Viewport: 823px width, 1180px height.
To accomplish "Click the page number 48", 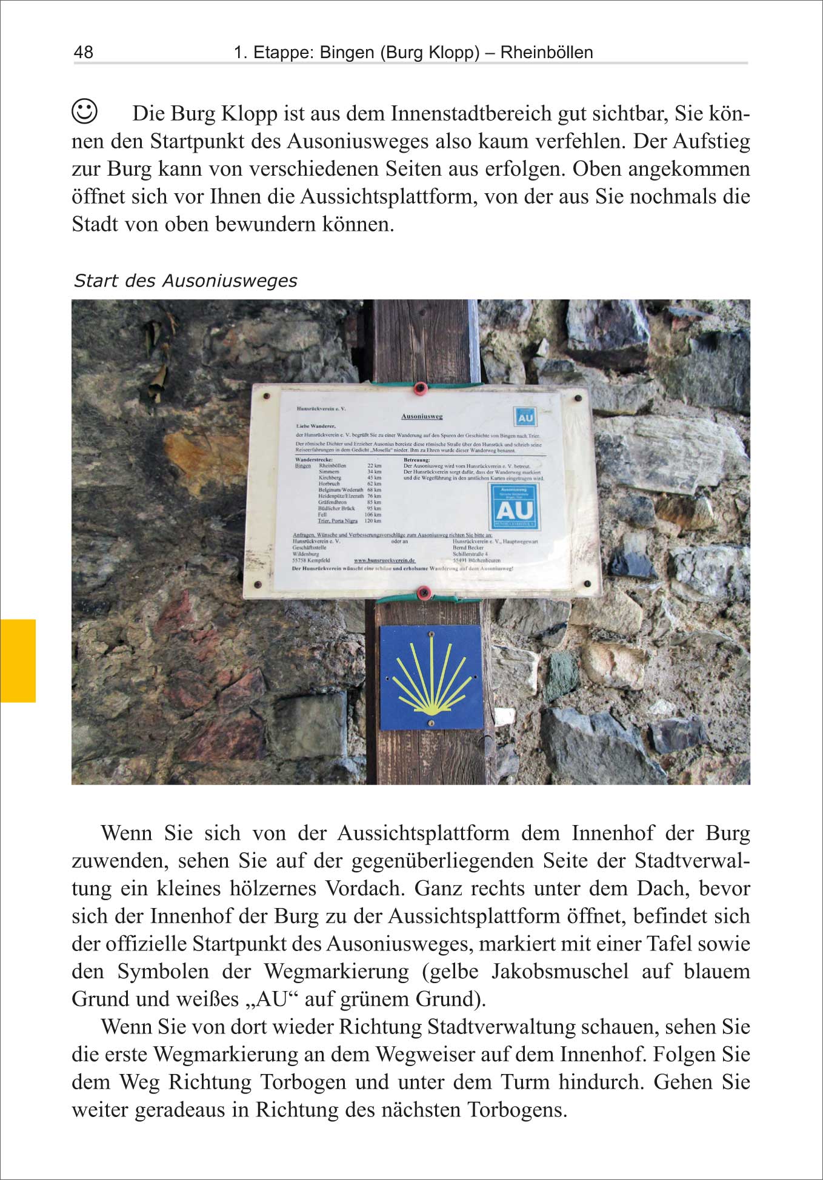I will point(84,52).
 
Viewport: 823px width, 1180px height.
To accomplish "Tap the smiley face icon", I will point(84,111).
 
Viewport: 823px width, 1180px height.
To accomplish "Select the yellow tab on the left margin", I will point(18,660).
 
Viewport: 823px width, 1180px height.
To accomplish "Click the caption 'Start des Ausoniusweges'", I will point(185,281).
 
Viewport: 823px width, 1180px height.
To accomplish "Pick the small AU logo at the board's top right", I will point(525,417).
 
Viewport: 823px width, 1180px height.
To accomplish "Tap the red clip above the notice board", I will point(420,388).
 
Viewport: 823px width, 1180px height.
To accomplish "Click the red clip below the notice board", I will point(423,592).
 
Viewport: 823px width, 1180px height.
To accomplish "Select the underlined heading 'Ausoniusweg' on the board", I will point(422,417).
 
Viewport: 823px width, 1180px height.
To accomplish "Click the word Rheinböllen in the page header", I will point(547,53).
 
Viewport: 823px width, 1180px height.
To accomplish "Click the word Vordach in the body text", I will point(364,889).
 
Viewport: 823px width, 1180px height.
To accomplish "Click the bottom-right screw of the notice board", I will point(587,583).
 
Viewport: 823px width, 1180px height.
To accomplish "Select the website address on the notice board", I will point(384,561).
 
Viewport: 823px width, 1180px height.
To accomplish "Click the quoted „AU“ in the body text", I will point(271,999).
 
